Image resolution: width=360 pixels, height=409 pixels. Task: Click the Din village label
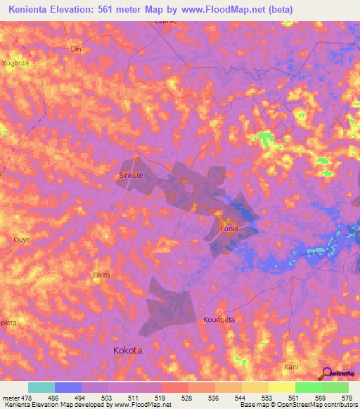pos(77,49)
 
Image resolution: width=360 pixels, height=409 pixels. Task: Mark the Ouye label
pos(22,240)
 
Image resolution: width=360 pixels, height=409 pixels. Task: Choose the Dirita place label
pos(102,275)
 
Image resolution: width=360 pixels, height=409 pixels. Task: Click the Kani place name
pos(291,367)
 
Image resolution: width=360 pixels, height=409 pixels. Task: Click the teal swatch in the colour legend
pos(41,387)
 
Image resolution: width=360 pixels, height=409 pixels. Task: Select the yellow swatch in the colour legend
pos(281,387)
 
